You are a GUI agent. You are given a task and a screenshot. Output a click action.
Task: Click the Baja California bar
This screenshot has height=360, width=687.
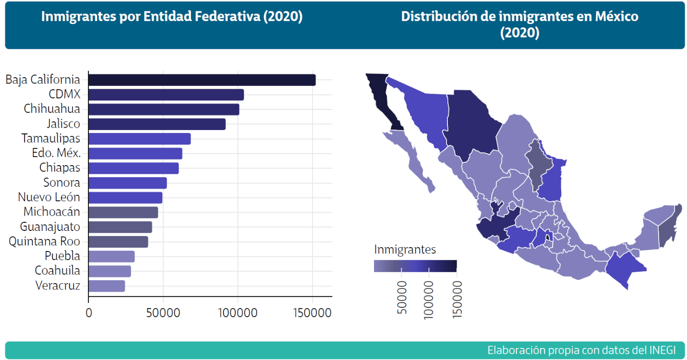click(x=202, y=80)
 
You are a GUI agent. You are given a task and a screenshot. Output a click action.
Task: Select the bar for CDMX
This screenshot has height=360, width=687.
click(x=166, y=95)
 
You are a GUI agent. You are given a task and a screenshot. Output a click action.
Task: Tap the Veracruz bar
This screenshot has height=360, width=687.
click(x=107, y=286)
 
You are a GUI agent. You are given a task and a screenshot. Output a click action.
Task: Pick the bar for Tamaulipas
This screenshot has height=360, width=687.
click(x=139, y=139)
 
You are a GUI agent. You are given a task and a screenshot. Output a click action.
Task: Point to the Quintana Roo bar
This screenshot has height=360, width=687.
click(x=118, y=242)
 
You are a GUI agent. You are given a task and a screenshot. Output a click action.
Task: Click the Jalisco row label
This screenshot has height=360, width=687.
click(x=63, y=124)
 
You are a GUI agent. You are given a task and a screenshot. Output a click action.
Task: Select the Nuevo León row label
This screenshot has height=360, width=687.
click(x=49, y=197)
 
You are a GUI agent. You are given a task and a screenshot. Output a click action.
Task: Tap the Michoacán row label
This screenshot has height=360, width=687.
click(x=52, y=212)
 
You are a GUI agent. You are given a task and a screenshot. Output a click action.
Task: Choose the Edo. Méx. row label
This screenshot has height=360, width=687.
click(x=56, y=154)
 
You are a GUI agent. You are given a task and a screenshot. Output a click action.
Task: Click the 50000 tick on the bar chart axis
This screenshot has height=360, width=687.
click(x=163, y=313)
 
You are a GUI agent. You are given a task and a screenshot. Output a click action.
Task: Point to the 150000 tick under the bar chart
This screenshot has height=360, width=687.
click(x=313, y=313)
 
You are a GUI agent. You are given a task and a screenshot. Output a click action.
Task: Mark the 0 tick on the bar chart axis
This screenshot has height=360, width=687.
click(x=89, y=313)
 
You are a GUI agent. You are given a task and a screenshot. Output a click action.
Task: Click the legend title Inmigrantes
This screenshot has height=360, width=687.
click(x=405, y=250)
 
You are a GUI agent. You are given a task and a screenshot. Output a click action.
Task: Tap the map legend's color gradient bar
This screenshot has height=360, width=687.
click(x=415, y=266)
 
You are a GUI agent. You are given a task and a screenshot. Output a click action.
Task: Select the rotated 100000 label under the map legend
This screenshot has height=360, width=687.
click(x=428, y=298)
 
